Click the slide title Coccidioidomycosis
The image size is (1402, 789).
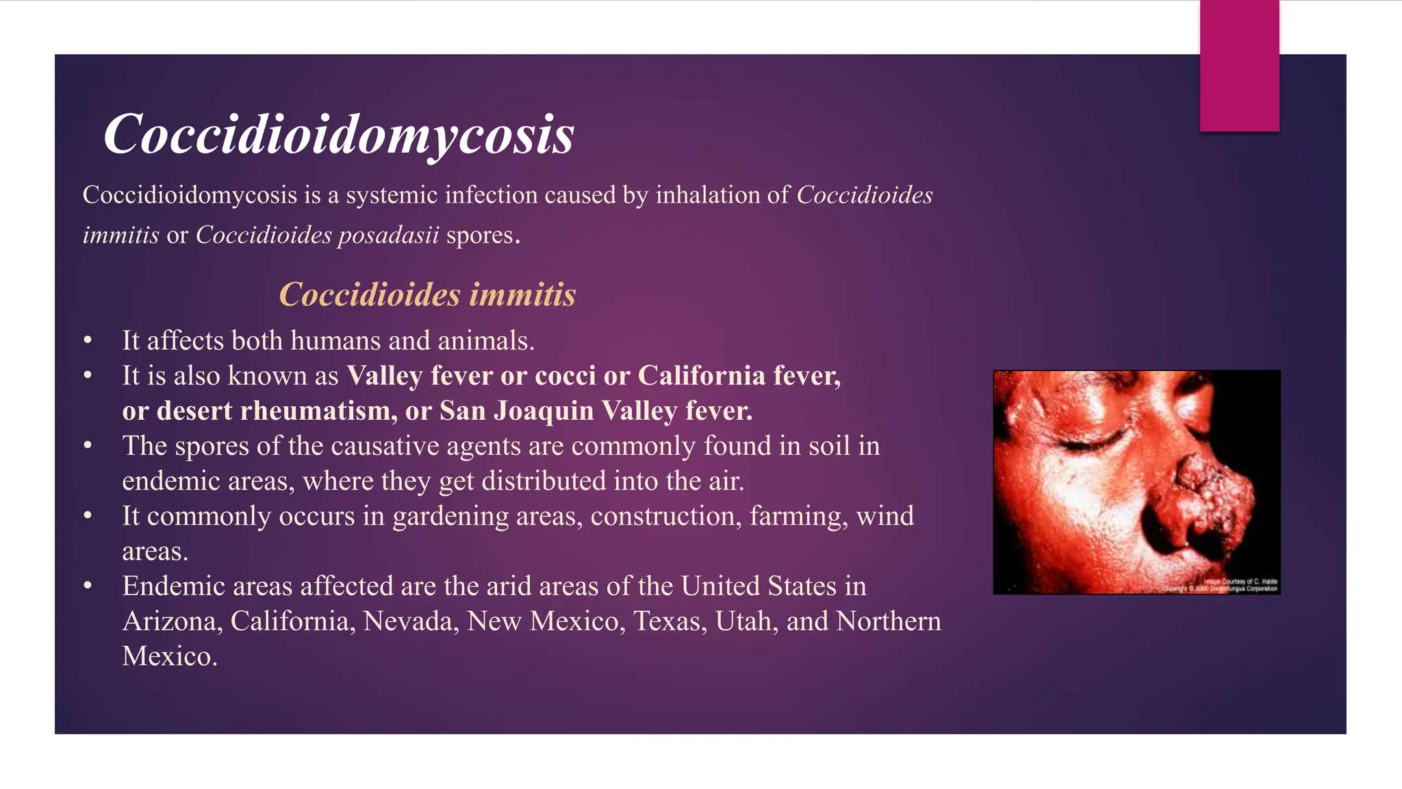tap(339, 134)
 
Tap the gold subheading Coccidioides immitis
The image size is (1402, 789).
tap(427, 295)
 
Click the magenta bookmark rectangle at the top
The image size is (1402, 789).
tap(1239, 66)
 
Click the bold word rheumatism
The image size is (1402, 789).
tap(318, 411)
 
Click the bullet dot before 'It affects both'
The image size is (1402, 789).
tap(88, 341)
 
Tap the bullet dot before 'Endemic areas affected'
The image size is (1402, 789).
tap(88, 586)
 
